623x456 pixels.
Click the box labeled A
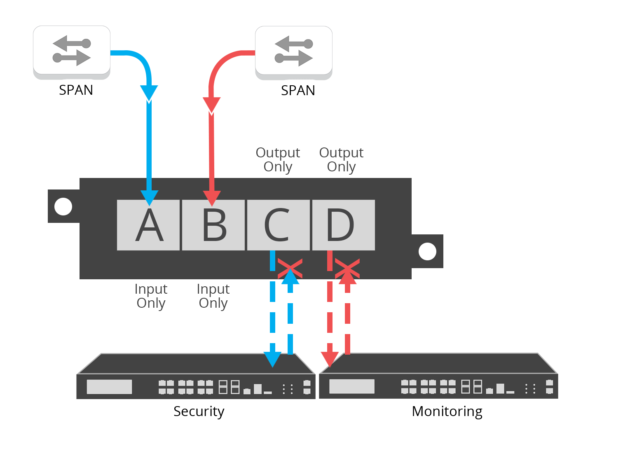pos(148,225)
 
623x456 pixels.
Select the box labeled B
pos(213,225)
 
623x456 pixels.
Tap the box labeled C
pos(278,225)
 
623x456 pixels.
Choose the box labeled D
pos(343,225)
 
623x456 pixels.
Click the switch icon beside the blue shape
pos(72,50)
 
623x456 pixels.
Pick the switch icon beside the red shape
pos(293,50)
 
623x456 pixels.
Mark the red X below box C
pos(290,268)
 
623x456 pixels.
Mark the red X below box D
pos(347,268)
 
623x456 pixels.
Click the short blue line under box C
pos(272,261)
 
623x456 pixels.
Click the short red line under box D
pos(330,261)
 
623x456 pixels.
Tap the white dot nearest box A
pos(63,206)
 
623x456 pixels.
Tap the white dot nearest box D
pos(427,252)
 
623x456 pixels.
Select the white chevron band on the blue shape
pos(149,94)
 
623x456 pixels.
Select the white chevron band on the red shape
pos(214,106)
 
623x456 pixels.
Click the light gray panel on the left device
pos(109,387)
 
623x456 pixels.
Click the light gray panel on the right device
pos(351,387)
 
